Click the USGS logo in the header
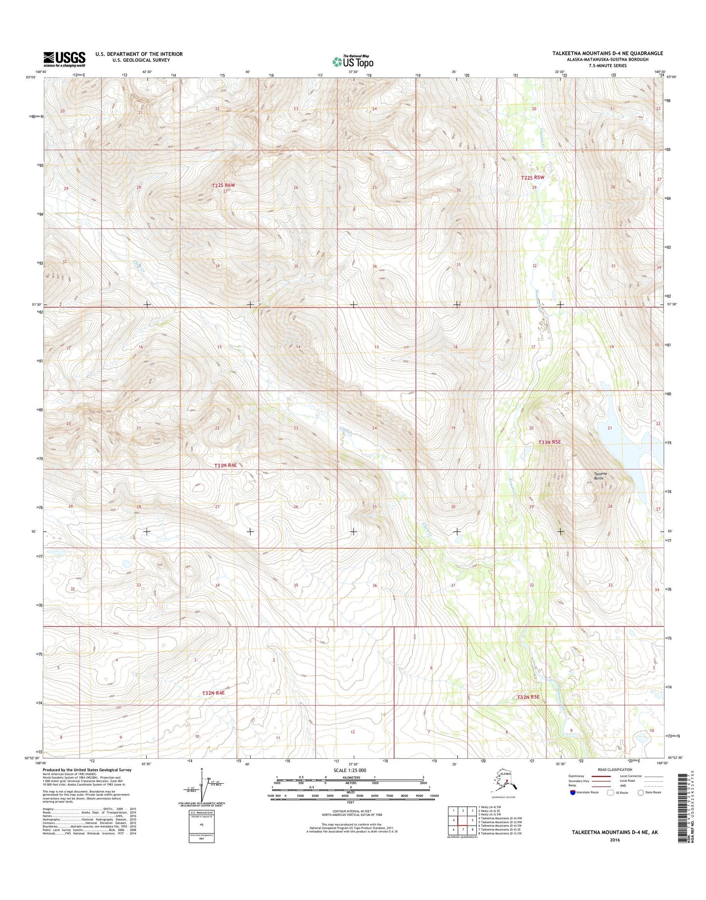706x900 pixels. (x=64, y=59)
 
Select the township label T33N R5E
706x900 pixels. (x=549, y=442)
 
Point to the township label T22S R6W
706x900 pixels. (x=223, y=185)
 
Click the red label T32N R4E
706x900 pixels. (x=213, y=693)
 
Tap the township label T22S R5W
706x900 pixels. (x=532, y=178)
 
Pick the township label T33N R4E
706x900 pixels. (x=225, y=465)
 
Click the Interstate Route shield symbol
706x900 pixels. (x=572, y=806)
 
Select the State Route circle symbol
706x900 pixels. (x=641, y=806)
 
